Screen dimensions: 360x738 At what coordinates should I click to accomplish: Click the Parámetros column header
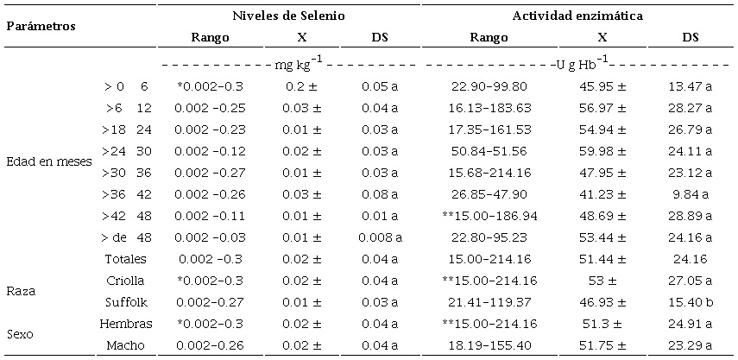(41, 26)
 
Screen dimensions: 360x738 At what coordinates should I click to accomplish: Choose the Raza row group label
(21, 292)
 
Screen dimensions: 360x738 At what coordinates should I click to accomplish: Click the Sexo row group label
(21, 334)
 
